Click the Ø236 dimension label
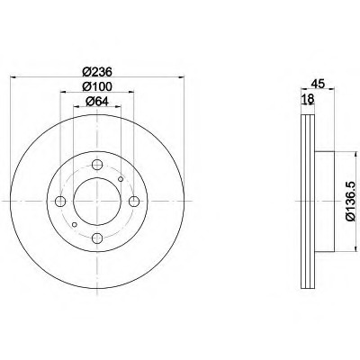click(97, 71)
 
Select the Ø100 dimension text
click(97, 86)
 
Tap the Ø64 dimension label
click(97, 102)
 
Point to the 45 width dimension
click(318, 84)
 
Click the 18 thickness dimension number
click(308, 98)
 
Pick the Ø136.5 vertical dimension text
click(350, 202)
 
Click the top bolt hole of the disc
click(97, 165)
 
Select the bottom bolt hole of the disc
click(97, 238)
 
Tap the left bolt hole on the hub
click(60, 202)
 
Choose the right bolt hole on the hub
click(134, 202)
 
